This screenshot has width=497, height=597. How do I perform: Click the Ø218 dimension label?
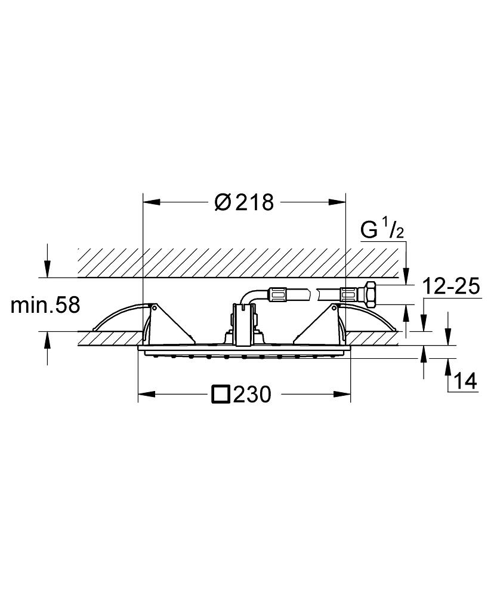click(x=244, y=203)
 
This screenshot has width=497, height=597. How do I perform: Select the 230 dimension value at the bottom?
click(x=252, y=394)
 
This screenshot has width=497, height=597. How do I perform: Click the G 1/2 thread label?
click(x=382, y=230)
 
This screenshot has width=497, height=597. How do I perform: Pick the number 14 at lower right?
click(x=466, y=380)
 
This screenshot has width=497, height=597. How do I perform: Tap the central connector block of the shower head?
click(x=243, y=322)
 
